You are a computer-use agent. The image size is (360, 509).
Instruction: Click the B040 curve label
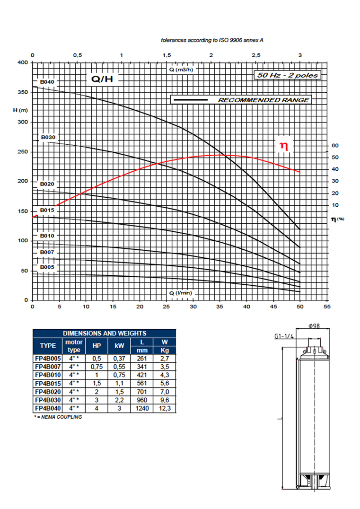point(47,82)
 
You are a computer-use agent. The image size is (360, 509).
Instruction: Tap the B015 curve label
point(47,210)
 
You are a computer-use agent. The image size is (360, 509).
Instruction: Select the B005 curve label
point(47,267)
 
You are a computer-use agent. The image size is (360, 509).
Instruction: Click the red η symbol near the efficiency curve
point(284,146)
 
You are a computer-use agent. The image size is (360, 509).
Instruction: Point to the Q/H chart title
point(102,79)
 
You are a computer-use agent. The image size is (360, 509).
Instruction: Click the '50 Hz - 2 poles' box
point(287,75)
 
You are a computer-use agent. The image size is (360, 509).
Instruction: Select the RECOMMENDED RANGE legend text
point(263,100)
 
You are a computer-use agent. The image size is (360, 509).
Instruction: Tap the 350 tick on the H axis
point(23,92)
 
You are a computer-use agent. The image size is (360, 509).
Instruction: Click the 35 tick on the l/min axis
point(220,307)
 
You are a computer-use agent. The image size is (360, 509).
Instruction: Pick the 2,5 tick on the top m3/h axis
point(256,55)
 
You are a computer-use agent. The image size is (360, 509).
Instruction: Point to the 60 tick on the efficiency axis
point(335,145)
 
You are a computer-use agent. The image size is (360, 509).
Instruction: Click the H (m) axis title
point(20,110)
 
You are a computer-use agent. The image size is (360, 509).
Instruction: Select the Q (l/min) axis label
point(181,293)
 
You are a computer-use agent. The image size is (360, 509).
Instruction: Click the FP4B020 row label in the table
point(48,392)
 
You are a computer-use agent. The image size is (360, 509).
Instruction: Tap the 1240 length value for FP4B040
point(142,408)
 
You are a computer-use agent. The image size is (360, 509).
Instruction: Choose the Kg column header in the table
point(165,350)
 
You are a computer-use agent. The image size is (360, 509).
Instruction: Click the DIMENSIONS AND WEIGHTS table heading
point(105,333)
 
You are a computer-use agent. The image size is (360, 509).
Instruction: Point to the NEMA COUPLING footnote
point(58,417)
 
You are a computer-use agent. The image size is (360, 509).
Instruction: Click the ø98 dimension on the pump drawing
point(314,326)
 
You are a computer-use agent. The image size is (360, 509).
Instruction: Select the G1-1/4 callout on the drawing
point(284,336)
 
